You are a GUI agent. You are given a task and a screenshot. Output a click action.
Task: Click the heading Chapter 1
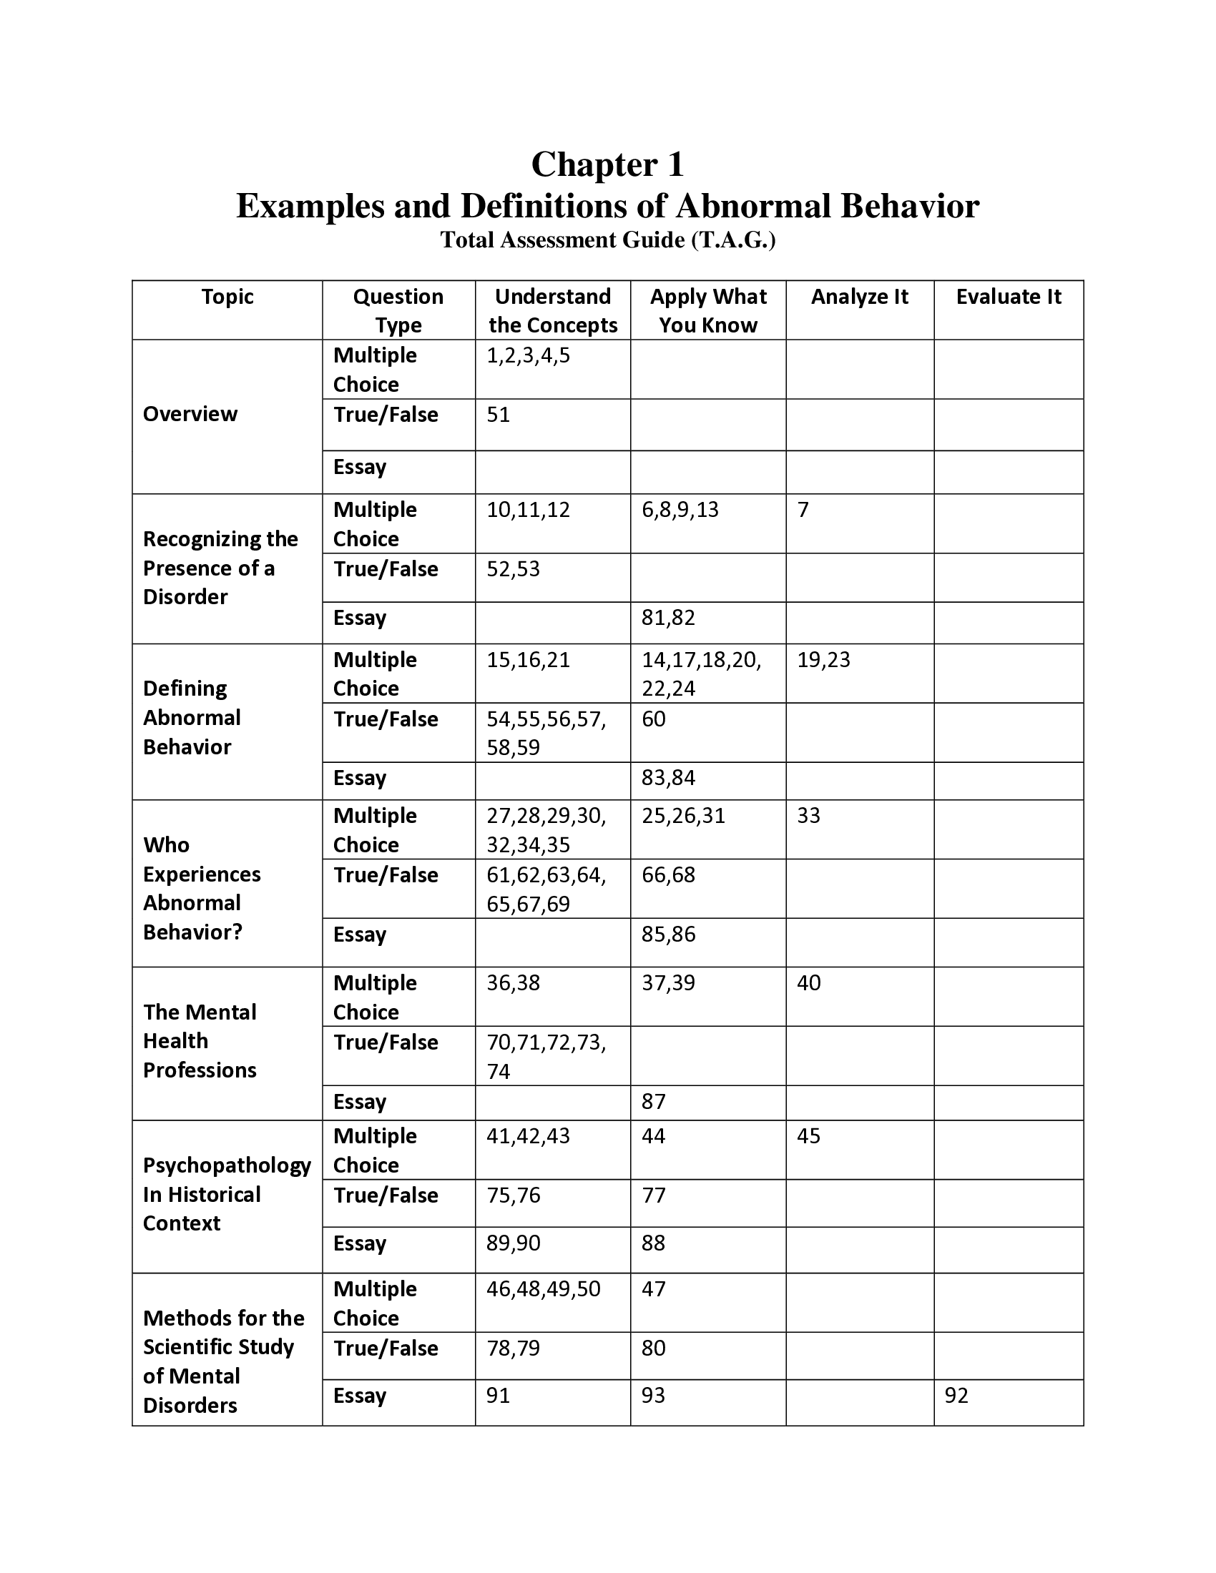tap(607, 164)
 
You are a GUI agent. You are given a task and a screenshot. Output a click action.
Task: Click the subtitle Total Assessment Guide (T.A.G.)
tap(607, 240)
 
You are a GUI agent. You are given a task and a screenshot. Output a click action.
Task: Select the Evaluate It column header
tap(1008, 297)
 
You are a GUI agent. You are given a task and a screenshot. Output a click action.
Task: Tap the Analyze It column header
tap(859, 297)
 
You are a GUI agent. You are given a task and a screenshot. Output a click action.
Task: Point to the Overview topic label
tap(190, 414)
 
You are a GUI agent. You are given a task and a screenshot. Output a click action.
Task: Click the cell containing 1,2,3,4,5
tap(528, 356)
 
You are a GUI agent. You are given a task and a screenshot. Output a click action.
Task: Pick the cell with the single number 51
tap(499, 415)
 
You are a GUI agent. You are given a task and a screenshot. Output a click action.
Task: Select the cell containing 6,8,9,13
tap(680, 510)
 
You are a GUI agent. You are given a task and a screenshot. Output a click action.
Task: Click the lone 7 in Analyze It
tap(803, 510)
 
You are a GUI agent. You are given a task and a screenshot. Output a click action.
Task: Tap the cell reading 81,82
tap(669, 618)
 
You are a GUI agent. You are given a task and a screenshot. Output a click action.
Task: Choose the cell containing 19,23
tap(823, 660)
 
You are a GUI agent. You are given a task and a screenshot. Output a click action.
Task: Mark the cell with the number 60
tap(654, 719)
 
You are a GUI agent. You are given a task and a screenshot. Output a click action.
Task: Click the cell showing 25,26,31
tap(684, 816)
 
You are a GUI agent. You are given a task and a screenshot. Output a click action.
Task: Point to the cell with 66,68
tap(669, 875)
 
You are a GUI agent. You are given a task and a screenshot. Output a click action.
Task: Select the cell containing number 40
tap(809, 983)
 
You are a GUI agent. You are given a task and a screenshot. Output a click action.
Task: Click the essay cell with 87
tap(654, 1101)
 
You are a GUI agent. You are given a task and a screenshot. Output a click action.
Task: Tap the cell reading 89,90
tap(514, 1243)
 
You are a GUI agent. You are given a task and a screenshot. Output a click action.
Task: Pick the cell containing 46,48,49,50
tap(543, 1288)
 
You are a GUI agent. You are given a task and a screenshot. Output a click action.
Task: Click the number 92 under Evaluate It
tap(956, 1396)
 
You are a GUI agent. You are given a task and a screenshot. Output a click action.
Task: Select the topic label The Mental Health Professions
tap(200, 1041)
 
